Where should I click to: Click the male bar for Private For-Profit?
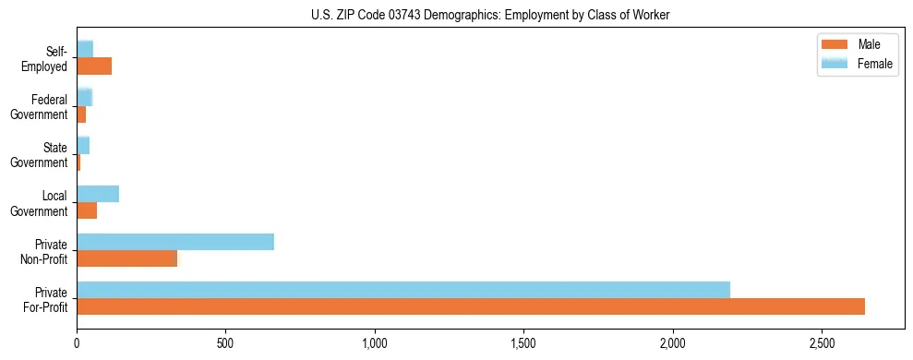[x=471, y=306]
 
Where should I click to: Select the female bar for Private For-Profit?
[x=403, y=290]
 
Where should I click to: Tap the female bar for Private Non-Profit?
[x=175, y=242]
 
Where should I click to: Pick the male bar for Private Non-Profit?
[x=126, y=258]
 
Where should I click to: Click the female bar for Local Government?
[x=98, y=194]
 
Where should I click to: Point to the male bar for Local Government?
[x=87, y=210]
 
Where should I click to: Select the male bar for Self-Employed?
[x=94, y=66]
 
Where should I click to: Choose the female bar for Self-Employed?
[x=85, y=49]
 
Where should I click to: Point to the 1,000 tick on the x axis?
[x=375, y=343]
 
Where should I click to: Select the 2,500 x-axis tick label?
[x=822, y=343]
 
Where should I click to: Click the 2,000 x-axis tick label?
[x=673, y=343]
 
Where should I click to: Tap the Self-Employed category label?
[x=47, y=58]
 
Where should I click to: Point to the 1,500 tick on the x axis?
[x=523, y=343]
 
